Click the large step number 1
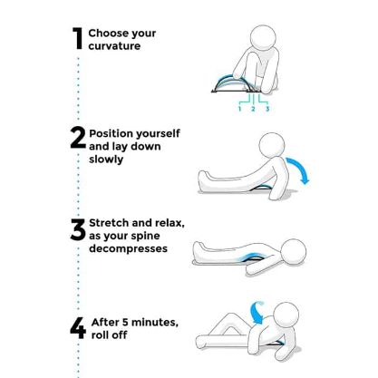click(78, 38)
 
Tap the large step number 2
click(78, 138)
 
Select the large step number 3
click(78, 230)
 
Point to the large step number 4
click(78, 328)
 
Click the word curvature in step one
click(114, 46)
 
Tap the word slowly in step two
click(106, 160)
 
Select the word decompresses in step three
click(128, 249)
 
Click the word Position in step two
click(111, 133)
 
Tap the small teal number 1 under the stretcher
click(239, 109)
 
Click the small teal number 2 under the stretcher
click(253, 109)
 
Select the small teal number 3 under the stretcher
click(267, 109)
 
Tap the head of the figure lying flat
click(293, 252)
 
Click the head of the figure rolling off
click(286, 315)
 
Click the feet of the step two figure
click(203, 180)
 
